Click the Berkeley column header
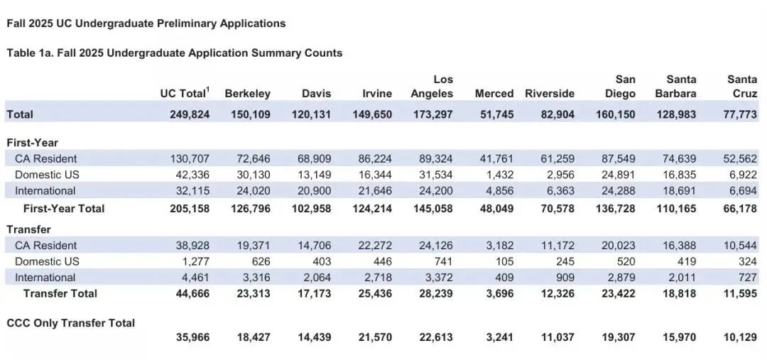coord(248,94)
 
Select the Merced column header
coord(494,94)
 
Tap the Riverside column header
coord(550,94)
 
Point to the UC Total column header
coord(185,93)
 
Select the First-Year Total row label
coord(64,208)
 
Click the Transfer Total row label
coord(60,293)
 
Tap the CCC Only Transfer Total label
coord(71,323)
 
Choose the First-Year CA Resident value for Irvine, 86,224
coord(375,158)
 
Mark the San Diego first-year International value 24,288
coord(619,191)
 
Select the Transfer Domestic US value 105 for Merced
coord(505,261)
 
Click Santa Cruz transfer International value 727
coord(749,278)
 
